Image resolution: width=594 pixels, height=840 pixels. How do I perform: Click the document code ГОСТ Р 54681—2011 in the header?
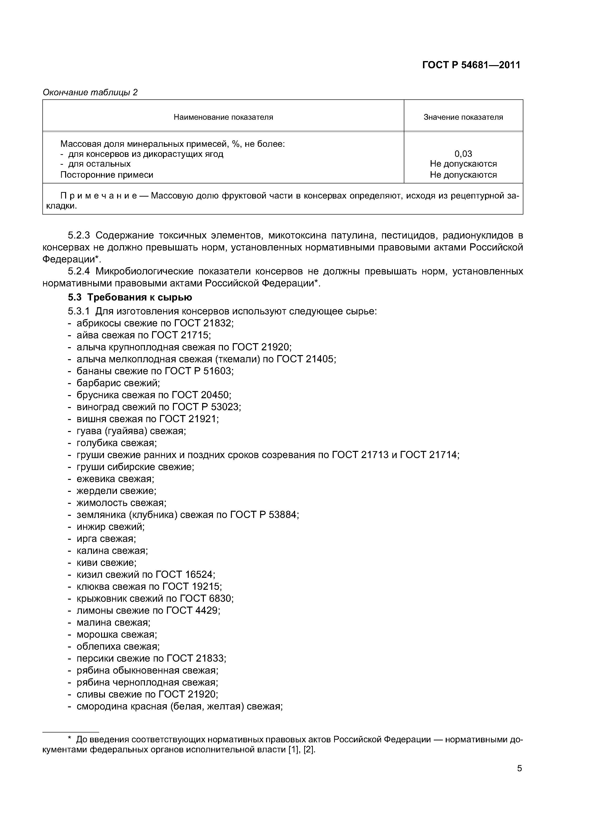pos(471,65)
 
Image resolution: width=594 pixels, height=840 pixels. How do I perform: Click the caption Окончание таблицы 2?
pos(90,93)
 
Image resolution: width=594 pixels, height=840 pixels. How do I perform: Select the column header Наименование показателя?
pos(223,117)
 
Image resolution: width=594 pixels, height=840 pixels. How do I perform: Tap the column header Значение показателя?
pos(463,117)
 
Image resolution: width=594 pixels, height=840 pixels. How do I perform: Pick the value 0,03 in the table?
pos(463,154)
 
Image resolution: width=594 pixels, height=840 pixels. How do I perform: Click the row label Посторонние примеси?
pos(107,175)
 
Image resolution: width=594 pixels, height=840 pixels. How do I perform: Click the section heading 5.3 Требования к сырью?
pos(130,297)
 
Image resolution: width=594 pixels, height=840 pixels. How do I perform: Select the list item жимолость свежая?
pos(121,503)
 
